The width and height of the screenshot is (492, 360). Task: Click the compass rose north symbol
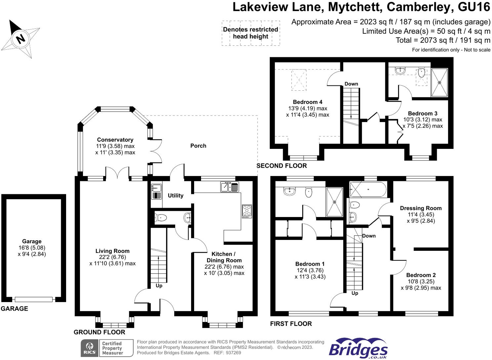pyautogui.click(x=20, y=39)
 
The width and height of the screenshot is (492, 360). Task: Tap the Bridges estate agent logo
pyautogui.click(x=358, y=348)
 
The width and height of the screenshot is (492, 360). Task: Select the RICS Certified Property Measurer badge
pyautogui.click(x=107, y=348)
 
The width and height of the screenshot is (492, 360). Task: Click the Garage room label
pyautogui.click(x=32, y=242)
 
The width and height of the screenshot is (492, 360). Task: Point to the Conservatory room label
pyautogui.click(x=115, y=140)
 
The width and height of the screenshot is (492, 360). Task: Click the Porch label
pyautogui.click(x=198, y=146)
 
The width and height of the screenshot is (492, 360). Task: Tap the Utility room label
pyautogui.click(x=175, y=196)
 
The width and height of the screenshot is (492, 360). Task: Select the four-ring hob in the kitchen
pyautogui.click(x=247, y=211)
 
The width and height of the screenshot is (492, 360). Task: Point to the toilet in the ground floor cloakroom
pyautogui.click(x=161, y=217)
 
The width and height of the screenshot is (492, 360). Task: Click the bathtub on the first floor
pyautogui.click(x=368, y=190)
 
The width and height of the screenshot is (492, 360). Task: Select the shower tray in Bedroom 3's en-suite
pyautogui.click(x=439, y=83)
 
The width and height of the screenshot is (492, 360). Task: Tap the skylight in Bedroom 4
pyautogui.click(x=299, y=80)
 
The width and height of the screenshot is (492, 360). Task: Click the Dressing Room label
pyautogui.click(x=421, y=208)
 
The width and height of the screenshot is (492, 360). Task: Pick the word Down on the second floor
pyautogui.click(x=351, y=84)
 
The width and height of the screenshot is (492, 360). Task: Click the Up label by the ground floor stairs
pyautogui.click(x=159, y=286)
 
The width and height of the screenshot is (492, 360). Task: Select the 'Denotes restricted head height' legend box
pyautogui.click(x=251, y=33)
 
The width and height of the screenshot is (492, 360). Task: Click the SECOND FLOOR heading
pyautogui.click(x=282, y=166)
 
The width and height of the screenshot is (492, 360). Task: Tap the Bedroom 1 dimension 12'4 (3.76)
pyautogui.click(x=310, y=270)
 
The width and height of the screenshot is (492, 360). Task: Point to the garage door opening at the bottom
pyautogui.click(x=34, y=299)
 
